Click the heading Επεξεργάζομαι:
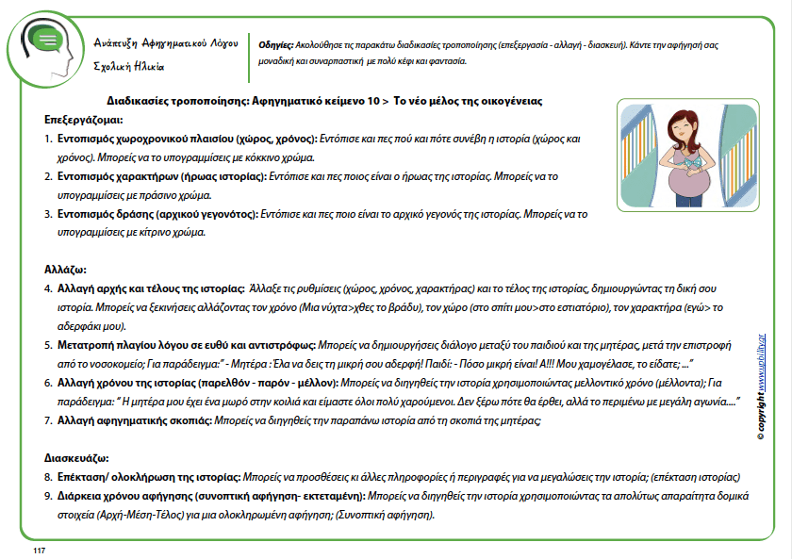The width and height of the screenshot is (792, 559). pos(83,120)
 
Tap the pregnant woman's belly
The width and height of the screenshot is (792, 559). pos(686,185)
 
